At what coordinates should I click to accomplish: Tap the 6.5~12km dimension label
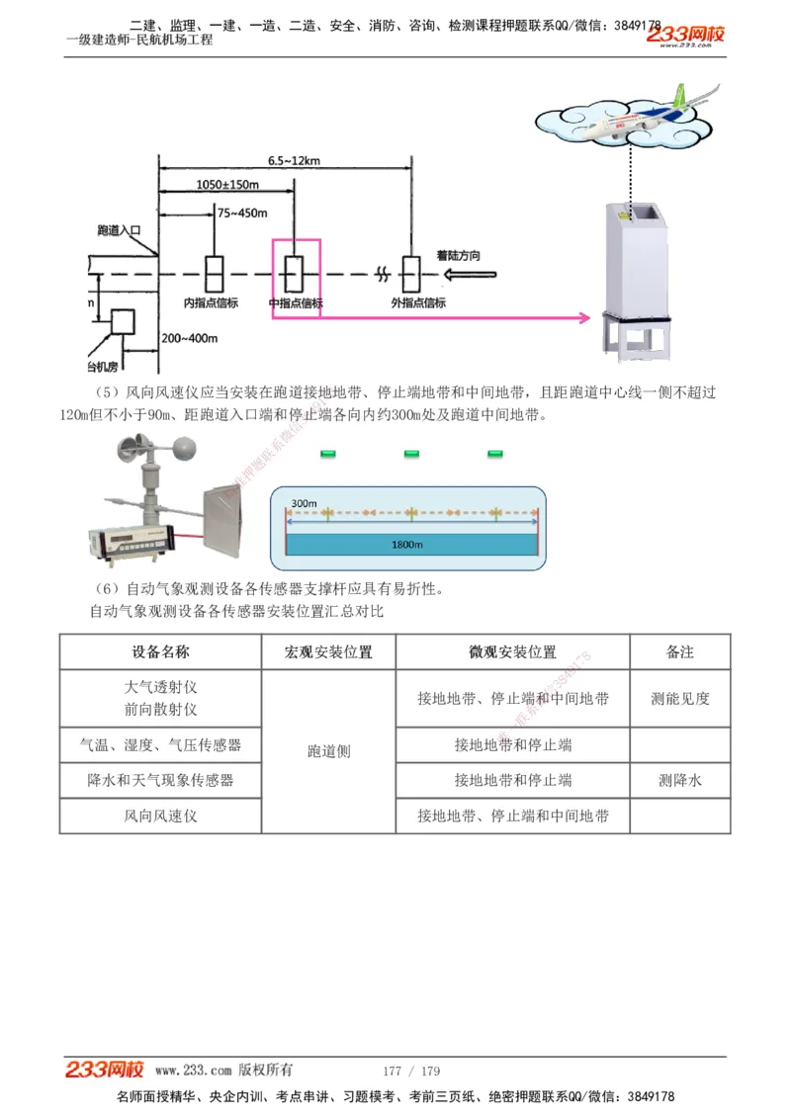coord(294,160)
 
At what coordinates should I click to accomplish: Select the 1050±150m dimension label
coord(227,185)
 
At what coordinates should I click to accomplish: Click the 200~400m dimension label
coord(190,339)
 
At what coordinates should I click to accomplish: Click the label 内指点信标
coord(212,302)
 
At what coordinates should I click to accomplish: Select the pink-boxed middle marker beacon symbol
coord(295,269)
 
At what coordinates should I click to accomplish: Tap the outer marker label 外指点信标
coord(418,302)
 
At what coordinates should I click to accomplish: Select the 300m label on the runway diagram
coord(304,504)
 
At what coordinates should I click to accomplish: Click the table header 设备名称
coord(160,652)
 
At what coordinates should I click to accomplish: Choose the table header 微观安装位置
coord(512,652)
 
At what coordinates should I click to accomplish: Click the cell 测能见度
coord(680,698)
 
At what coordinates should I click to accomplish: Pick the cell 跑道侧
coord(328,751)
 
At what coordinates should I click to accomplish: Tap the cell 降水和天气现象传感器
coord(160,780)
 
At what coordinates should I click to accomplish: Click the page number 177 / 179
coord(411,1071)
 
